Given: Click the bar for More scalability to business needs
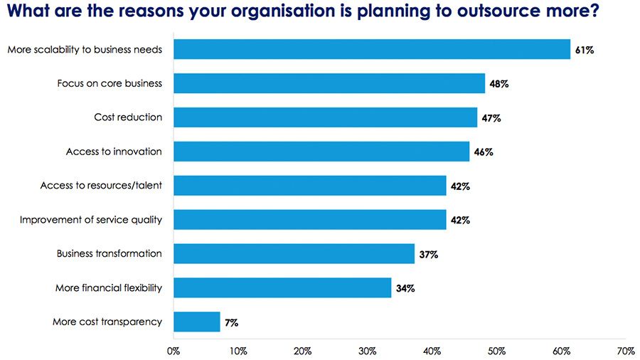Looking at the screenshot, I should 371,49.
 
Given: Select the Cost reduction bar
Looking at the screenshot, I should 325,117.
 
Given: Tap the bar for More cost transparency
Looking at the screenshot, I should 196,322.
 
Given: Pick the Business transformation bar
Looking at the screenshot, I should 294,253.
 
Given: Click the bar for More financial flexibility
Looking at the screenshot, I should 282,287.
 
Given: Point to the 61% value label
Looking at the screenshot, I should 584,50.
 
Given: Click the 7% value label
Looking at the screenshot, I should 231,322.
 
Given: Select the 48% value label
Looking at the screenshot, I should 498,84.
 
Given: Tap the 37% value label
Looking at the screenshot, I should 428,254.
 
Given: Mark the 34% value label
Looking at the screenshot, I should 405,288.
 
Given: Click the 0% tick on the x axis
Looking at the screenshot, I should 173,351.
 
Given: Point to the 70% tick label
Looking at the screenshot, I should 626,351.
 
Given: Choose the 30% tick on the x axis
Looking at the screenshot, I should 367,351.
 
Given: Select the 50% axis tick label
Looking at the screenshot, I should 496,351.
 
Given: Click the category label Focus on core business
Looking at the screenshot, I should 110,83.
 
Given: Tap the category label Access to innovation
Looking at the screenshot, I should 114,152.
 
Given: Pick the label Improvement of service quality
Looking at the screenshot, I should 90,220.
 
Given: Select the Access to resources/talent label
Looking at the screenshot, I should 101,186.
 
